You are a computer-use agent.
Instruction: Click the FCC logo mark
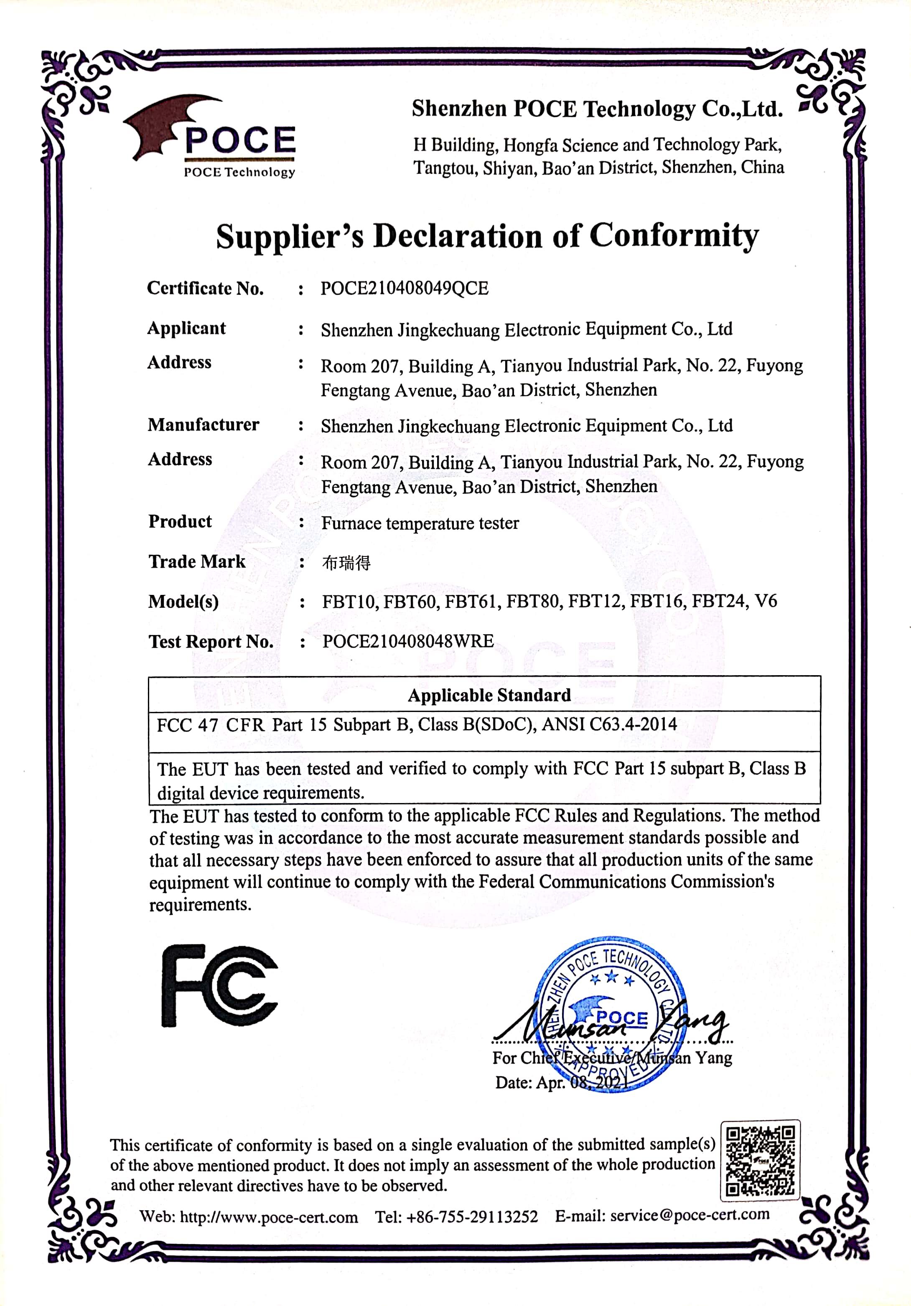[x=219, y=985]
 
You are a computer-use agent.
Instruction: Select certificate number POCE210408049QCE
[x=405, y=288]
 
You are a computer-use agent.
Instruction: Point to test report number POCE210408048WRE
[x=408, y=641]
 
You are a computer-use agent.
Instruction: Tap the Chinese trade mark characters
[x=346, y=563]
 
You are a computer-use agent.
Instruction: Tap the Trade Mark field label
[x=197, y=561]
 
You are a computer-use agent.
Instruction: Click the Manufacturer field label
[x=203, y=425]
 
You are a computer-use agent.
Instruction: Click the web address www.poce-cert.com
[x=269, y=1217]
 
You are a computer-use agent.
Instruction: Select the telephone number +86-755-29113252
[x=472, y=1217]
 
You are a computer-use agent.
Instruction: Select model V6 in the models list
[x=766, y=601]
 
